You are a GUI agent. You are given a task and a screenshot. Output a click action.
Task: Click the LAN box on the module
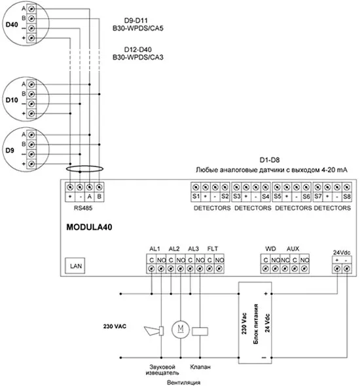[x=75, y=265]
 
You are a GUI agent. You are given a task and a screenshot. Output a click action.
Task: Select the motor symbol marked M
[x=181, y=330]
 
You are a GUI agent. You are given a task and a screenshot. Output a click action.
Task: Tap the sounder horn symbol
[x=154, y=331]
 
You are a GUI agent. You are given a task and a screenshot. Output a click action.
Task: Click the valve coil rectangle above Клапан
[x=200, y=332]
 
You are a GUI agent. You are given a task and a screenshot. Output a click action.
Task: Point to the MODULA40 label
[x=89, y=227]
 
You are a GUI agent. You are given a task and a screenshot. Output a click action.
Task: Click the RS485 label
[x=83, y=208]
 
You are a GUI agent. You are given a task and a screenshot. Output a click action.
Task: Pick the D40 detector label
[x=12, y=25]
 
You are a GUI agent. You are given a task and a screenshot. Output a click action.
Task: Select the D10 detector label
[x=12, y=100]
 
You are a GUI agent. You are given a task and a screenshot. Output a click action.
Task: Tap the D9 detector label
[x=10, y=151]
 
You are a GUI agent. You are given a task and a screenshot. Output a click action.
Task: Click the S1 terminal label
[x=196, y=197]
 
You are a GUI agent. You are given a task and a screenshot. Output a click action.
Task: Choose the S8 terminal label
[x=347, y=197]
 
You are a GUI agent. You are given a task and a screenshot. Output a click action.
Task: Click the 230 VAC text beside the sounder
[x=115, y=326]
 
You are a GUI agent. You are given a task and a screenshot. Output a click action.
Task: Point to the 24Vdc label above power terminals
[x=342, y=252]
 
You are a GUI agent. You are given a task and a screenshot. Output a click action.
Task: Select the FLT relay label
[x=213, y=248]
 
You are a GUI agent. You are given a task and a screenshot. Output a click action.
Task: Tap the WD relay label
[x=270, y=248]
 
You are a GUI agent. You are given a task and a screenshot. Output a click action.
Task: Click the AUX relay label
[x=293, y=248]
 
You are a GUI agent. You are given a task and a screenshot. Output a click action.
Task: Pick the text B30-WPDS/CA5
[x=138, y=28]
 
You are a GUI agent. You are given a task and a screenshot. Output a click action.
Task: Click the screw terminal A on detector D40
[x=31, y=9]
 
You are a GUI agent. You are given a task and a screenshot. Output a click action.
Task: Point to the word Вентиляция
[x=184, y=382]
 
